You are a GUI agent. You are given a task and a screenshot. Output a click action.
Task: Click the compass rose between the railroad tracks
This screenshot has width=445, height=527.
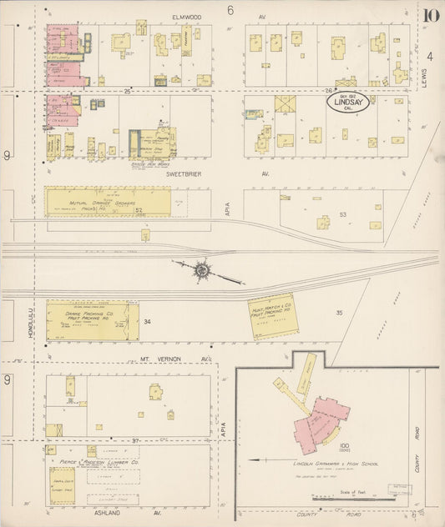[202, 269]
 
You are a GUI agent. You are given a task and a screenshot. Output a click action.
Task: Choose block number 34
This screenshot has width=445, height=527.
[148, 321]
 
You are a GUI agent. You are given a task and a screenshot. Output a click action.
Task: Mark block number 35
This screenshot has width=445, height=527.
[339, 313]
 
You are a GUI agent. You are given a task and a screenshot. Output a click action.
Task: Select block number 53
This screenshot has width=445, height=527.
[342, 214]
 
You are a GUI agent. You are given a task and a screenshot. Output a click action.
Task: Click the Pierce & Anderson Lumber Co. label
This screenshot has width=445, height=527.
[99, 460]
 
